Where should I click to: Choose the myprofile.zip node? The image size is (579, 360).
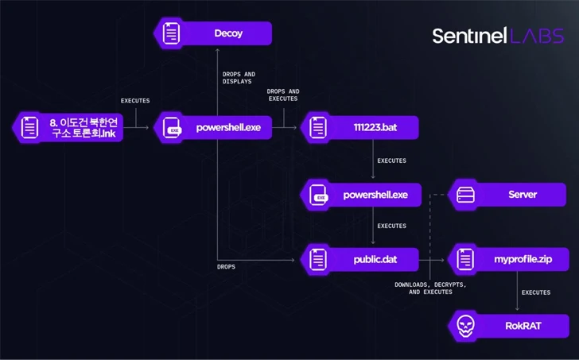[510, 258]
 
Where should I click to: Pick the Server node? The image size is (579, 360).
[510, 195]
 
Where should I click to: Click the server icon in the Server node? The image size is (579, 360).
[464, 195]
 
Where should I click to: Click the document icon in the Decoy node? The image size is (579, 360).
[169, 33]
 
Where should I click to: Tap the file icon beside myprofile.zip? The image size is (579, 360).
[464, 258]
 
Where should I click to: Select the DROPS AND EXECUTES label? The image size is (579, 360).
[283, 95]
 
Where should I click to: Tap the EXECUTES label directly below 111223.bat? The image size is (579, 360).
[391, 161]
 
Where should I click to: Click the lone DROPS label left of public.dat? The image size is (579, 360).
[226, 267]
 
